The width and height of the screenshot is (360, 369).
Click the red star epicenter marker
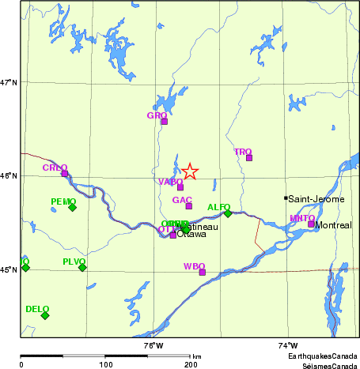(190, 171)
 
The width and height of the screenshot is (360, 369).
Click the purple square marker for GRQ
(165, 121)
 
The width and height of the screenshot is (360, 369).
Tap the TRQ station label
(242, 151)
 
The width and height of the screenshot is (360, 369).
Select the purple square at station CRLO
(65, 174)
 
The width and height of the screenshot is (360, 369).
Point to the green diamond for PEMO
(72, 208)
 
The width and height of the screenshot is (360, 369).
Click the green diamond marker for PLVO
(82, 268)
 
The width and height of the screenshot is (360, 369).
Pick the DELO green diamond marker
(45, 315)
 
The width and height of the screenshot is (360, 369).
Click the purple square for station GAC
(189, 206)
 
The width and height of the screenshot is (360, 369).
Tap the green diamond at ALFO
(228, 213)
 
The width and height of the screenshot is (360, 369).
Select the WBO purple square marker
(203, 272)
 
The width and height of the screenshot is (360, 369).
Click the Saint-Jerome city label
(316, 199)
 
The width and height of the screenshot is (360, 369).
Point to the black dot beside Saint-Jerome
(286, 198)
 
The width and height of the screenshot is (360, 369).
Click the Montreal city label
(333, 225)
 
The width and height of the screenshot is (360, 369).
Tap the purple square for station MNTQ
(311, 224)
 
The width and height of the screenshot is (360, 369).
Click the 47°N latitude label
(9, 82)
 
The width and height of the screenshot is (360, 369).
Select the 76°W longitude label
(153, 345)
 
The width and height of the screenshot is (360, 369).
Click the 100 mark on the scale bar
(105, 364)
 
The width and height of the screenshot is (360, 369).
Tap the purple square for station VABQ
(180, 187)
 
